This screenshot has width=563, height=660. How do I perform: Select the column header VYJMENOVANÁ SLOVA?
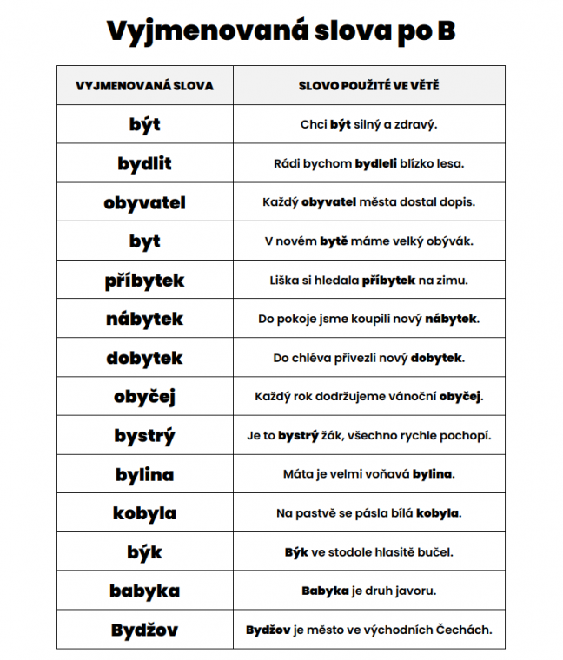[144, 86]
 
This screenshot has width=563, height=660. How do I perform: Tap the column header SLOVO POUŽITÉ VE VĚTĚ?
[368, 86]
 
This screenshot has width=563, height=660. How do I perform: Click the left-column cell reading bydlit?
[144, 163]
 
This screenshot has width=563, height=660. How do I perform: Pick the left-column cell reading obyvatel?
[144, 202]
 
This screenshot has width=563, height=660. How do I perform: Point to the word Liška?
[286, 280]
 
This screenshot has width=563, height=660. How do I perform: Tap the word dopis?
[457, 202]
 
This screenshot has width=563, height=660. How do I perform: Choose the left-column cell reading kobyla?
[144, 513]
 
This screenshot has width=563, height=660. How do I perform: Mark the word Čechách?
[467, 630]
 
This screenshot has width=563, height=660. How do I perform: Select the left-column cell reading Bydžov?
[144, 630]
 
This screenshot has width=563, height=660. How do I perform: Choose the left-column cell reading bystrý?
[144, 435]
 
